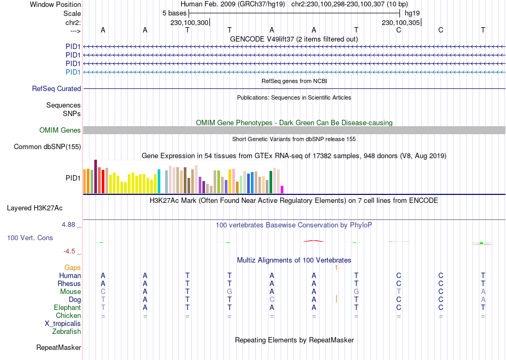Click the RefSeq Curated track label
(x=56, y=89)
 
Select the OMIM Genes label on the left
(x=60, y=130)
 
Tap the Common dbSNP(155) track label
(x=47, y=147)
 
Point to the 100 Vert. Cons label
(x=30, y=238)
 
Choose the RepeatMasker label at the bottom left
(x=59, y=348)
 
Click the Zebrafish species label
(x=67, y=332)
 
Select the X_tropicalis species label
(x=63, y=324)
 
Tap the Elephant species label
(x=67, y=308)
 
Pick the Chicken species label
(x=69, y=316)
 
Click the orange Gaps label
(x=72, y=267)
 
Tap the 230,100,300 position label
(x=190, y=22)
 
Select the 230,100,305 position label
(x=401, y=22)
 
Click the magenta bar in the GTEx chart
(x=282, y=189)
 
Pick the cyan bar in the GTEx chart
(x=159, y=181)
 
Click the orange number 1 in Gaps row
(x=336, y=267)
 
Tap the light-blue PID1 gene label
(x=73, y=72)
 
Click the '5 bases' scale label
(x=175, y=13)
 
